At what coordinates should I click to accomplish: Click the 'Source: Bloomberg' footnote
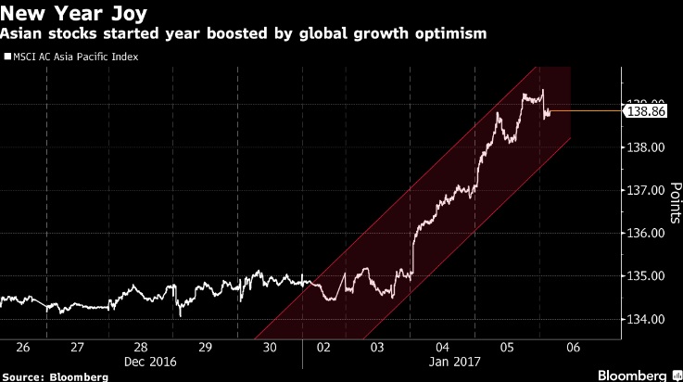[55, 376]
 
